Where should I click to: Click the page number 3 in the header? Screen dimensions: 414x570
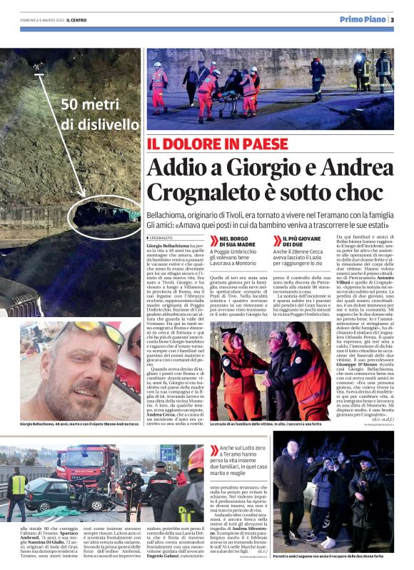(392, 19)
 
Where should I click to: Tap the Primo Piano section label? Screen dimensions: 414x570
(362, 19)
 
